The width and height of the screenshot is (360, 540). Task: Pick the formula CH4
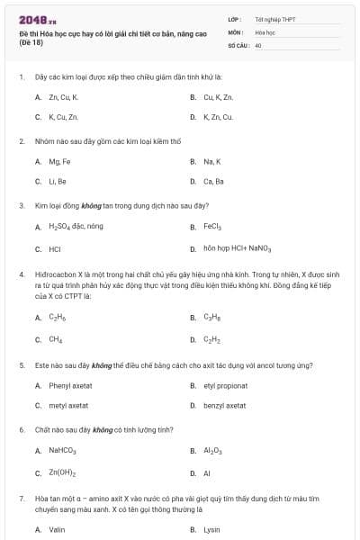click(x=56, y=339)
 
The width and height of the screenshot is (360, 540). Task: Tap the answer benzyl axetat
click(x=225, y=405)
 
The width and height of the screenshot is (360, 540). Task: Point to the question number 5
click(x=21, y=365)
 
